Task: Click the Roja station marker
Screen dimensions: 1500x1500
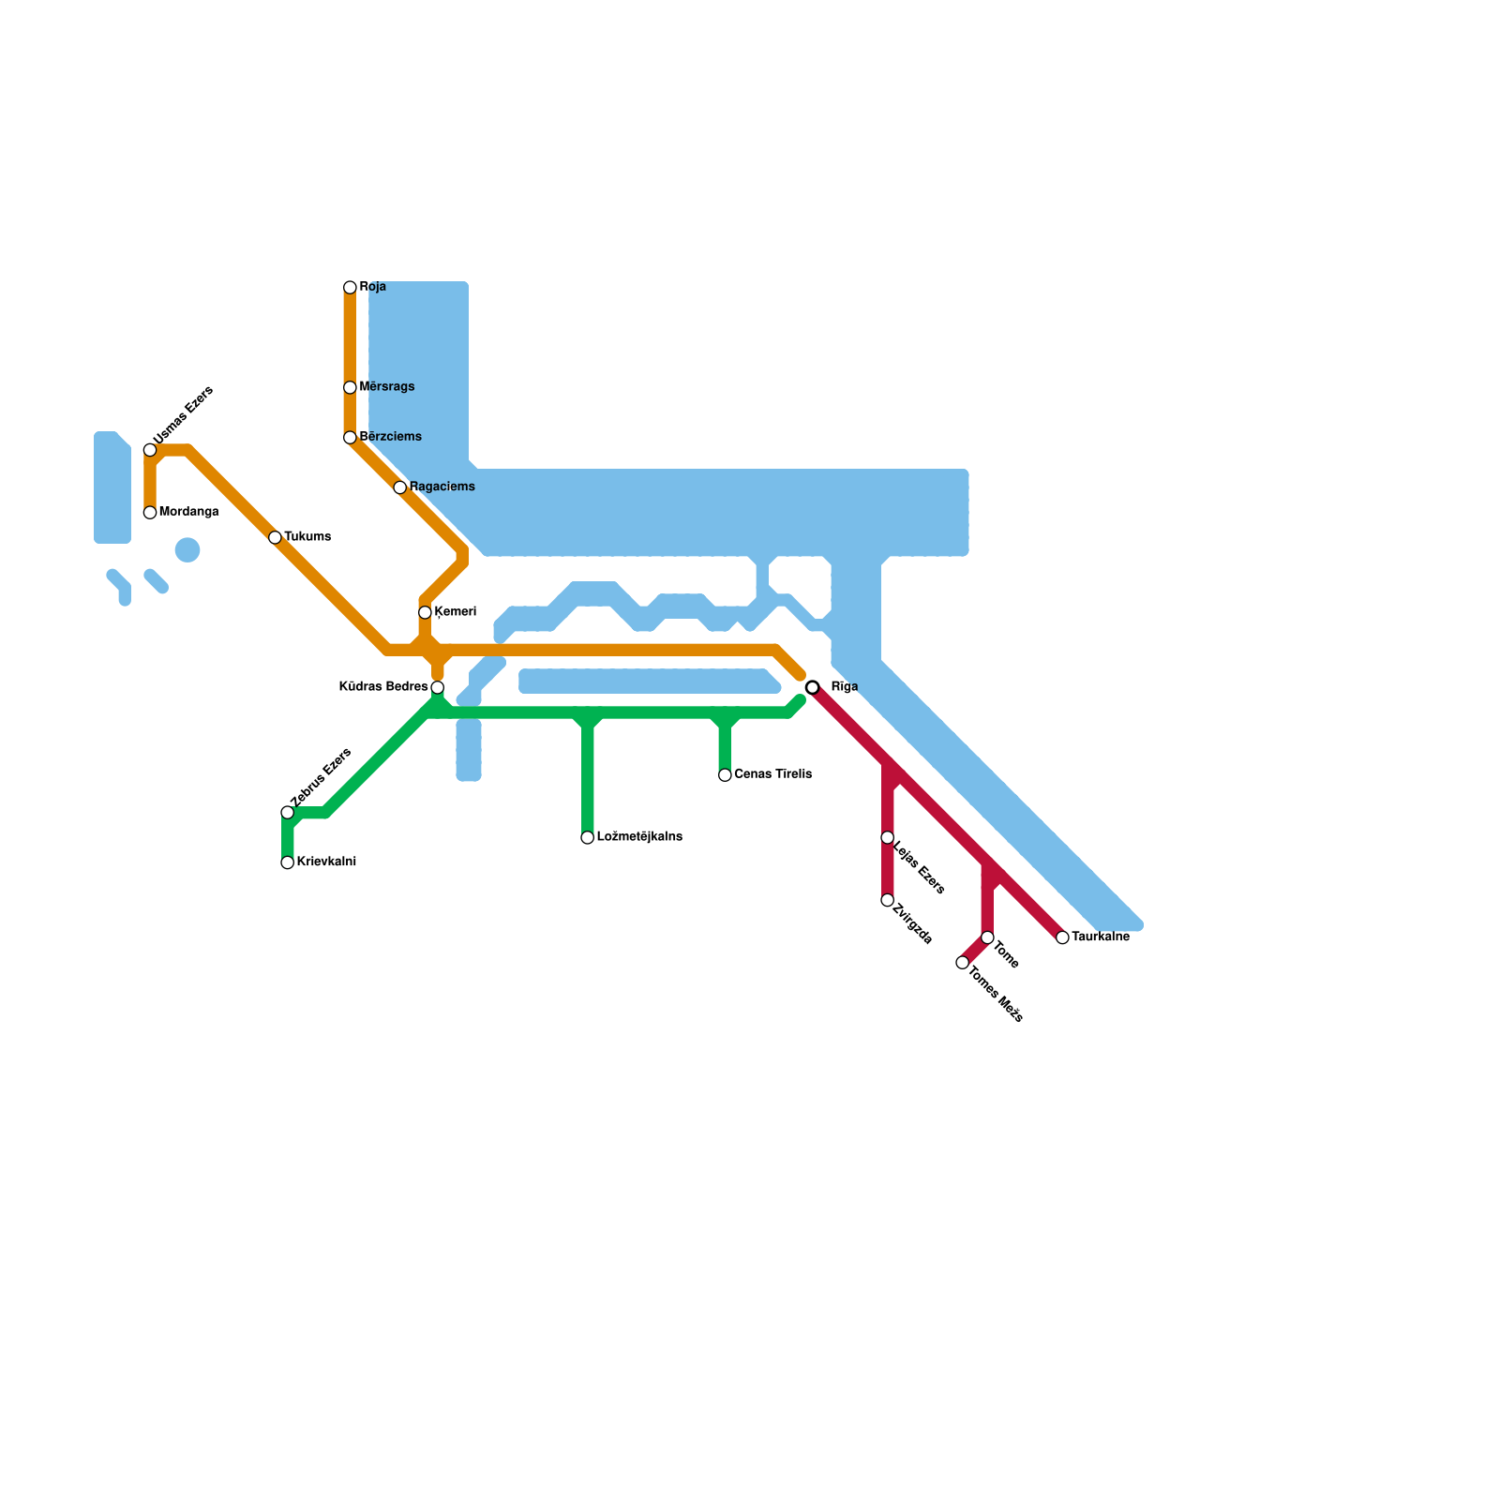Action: click(x=350, y=287)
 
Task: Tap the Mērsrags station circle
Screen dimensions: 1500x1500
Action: click(x=350, y=387)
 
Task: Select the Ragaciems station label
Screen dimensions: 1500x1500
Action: click(x=442, y=487)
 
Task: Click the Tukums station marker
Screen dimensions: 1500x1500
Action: click(x=275, y=537)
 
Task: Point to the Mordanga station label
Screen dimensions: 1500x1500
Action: click(x=188, y=512)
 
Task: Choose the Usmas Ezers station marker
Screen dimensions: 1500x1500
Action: click(x=150, y=450)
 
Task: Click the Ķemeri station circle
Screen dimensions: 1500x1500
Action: click(x=425, y=612)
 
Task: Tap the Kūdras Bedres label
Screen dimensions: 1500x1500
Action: click(x=382, y=687)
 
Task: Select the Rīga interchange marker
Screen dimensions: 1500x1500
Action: click(x=813, y=687)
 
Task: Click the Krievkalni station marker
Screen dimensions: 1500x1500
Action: click(x=288, y=862)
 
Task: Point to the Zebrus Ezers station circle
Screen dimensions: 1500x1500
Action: click(x=288, y=812)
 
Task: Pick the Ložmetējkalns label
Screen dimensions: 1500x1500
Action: click(x=638, y=837)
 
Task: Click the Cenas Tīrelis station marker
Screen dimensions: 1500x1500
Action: click(x=725, y=774)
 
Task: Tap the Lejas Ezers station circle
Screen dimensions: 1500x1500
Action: click(x=887, y=837)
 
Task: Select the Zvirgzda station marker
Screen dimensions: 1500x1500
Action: click(x=887, y=900)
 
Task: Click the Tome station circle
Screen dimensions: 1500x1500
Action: click(x=987, y=937)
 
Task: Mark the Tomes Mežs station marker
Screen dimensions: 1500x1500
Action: click(x=962, y=963)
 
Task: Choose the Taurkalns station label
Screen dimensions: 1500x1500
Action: click(x=1100, y=937)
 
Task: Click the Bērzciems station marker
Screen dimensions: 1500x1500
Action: click(x=350, y=438)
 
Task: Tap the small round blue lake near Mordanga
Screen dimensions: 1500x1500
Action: click(x=187, y=550)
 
